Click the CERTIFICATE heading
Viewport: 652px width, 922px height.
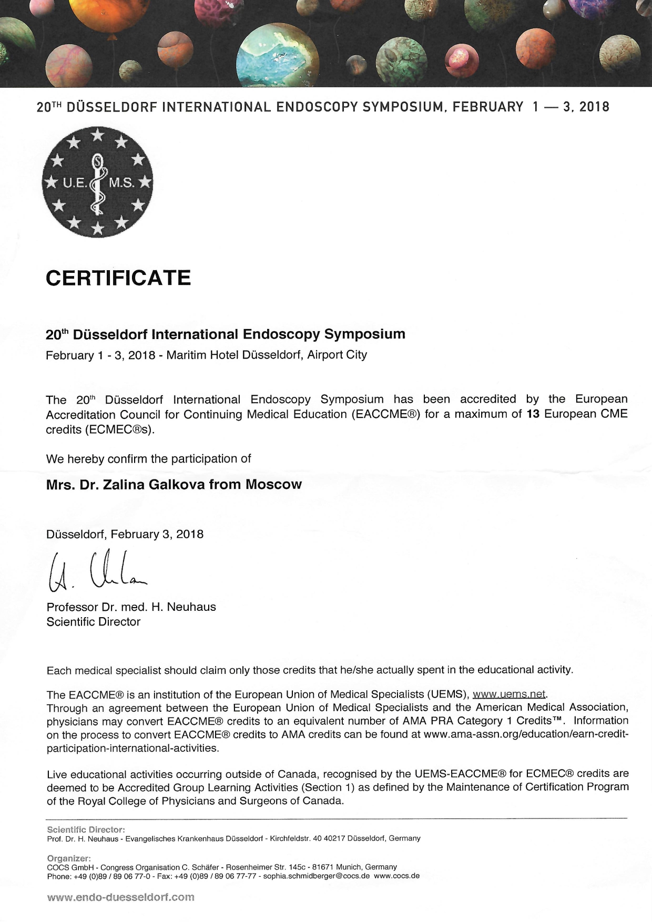pos(118,278)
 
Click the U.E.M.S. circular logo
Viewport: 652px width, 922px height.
pos(98,182)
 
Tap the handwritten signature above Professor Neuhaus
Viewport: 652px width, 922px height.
pos(97,569)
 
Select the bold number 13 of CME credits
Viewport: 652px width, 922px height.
pos(533,414)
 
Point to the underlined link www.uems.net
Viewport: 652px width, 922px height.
pos(509,694)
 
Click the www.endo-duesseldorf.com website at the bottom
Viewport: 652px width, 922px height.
pos(121,897)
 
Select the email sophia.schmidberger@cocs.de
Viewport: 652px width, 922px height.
pos(317,876)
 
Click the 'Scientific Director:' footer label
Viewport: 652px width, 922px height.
pos(86,829)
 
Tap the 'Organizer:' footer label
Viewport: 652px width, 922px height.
pos(69,858)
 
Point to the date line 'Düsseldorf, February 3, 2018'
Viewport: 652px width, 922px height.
pos(125,534)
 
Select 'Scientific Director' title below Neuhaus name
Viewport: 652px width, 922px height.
pos(94,622)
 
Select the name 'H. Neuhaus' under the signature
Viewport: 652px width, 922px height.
pos(184,607)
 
